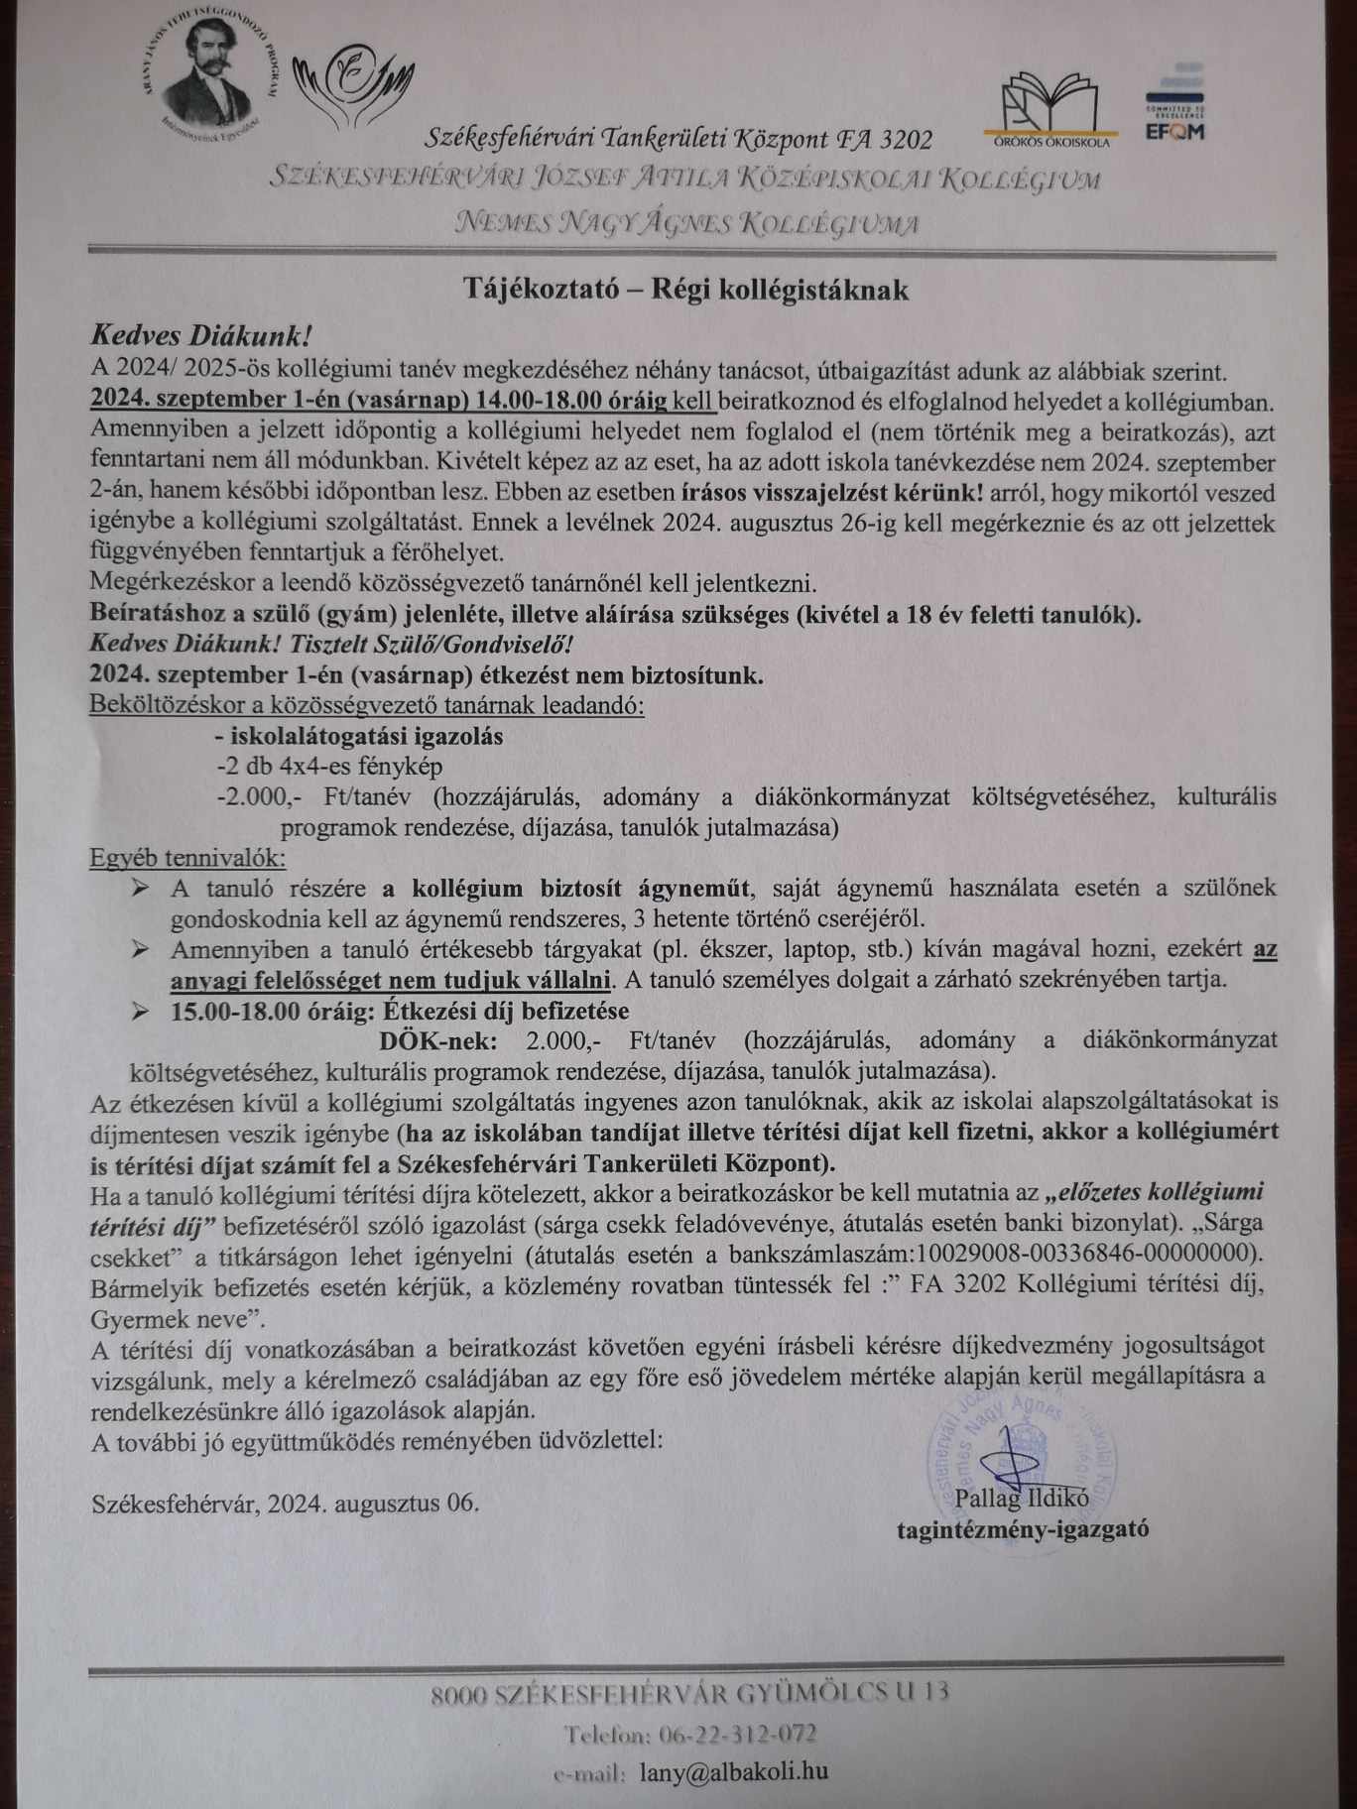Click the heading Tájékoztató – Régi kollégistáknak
tap(685, 290)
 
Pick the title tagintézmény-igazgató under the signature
tap(1023, 1528)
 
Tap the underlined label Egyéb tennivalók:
tap(187, 857)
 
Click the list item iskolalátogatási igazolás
tap(359, 737)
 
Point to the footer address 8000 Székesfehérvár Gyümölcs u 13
tap(689, 1692)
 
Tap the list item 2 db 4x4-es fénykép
tap(329, 767)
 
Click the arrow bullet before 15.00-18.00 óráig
tap(140, 1011)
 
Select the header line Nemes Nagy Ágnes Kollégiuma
tap(685, 222)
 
